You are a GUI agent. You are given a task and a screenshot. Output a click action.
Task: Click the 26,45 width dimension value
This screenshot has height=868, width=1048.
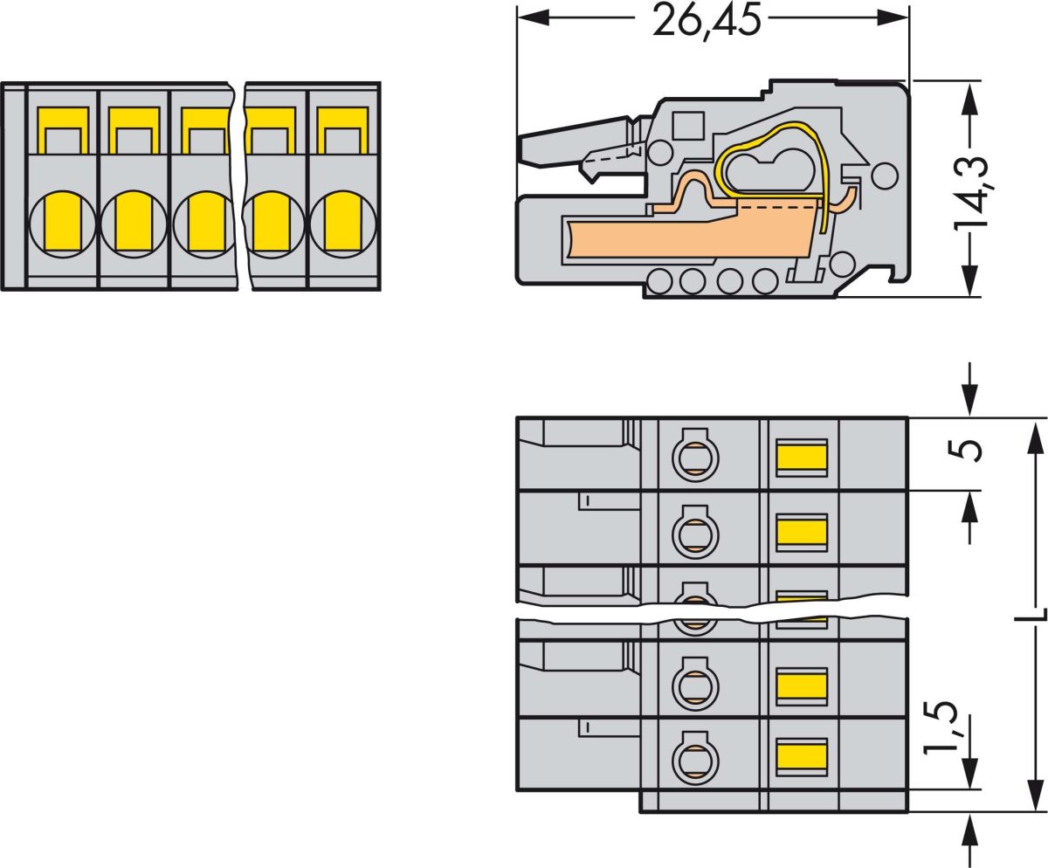point(707,19)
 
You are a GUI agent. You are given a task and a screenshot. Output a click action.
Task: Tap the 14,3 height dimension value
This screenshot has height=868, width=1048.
point(970,193)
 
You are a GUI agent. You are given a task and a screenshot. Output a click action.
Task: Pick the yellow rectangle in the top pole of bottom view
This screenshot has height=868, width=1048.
point(802,457)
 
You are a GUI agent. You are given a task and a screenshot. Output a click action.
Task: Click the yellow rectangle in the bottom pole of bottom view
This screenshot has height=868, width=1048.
point(802,756)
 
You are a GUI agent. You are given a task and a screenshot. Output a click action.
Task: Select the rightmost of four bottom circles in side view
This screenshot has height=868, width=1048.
point(764,282)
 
